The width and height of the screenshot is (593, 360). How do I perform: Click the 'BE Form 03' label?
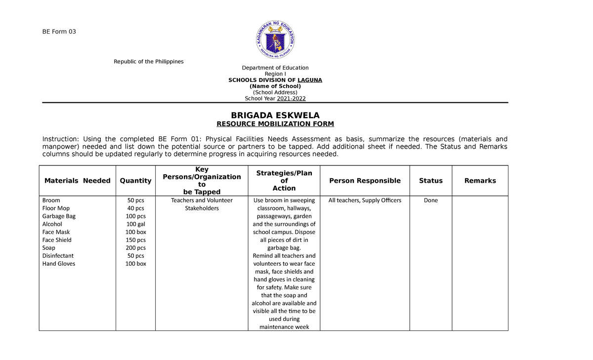(x=59, y=32)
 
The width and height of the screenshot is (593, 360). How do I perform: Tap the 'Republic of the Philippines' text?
(x=149, y=62)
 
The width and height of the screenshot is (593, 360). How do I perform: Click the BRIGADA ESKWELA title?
(x=275, y=116)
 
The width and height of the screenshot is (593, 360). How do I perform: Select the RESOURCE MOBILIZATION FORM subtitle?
(x=275, y=124)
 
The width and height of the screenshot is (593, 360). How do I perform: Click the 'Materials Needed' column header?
(x=77, y=181)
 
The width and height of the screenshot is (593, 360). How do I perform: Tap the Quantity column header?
(x=135, y=181)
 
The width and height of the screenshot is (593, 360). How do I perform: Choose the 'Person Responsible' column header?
(x=365, y=181)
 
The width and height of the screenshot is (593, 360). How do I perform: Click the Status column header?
(x=430, y=181)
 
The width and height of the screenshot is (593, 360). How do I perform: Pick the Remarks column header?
(x=480, y=181)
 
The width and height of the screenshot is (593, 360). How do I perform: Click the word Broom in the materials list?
(x=51, y=200)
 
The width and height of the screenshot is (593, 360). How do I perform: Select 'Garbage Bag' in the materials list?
(x=59, y=216)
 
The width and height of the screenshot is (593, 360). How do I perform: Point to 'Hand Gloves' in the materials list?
(x=59, y=264)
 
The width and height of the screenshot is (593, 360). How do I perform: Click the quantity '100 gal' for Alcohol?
(x=135, y=224)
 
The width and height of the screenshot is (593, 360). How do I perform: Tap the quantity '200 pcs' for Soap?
(x=135, y=248)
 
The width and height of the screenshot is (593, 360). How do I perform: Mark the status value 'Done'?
(x=430, y=200)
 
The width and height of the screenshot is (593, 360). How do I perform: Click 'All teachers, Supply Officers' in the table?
(x=365, y=200)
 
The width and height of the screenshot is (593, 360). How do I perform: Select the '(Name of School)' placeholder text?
(x=275, y=86)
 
